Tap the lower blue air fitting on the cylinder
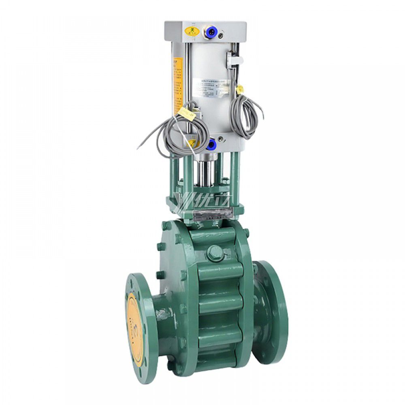[x=211, y=143]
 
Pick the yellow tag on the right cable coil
[x=239, y=88]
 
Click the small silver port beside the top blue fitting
[x=220, y=36]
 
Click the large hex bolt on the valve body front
[x=215, y=254]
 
